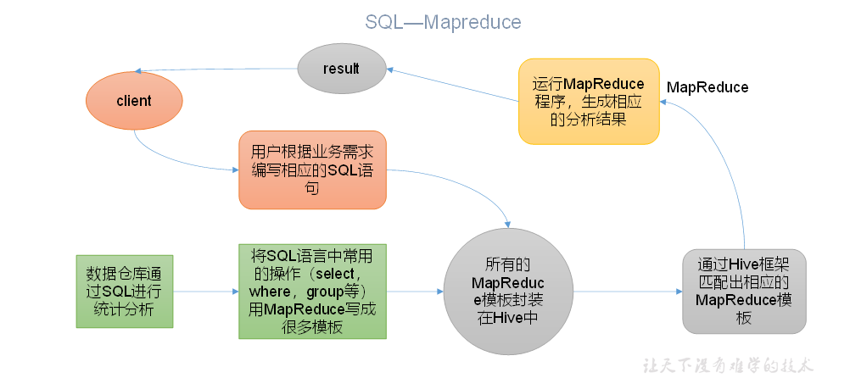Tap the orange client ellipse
(x=133, y=101)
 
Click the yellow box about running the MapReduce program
(x=589, y=102)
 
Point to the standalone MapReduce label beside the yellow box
(x=707, y=87)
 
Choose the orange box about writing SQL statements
(x=312, y=170)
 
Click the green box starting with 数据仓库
(x=124, y=292)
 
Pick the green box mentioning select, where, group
(x=312, y=292)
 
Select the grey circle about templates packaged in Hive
(x=506, y=292)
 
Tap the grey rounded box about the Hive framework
(x=744, y=291)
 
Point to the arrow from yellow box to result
(x=455, y=86)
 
